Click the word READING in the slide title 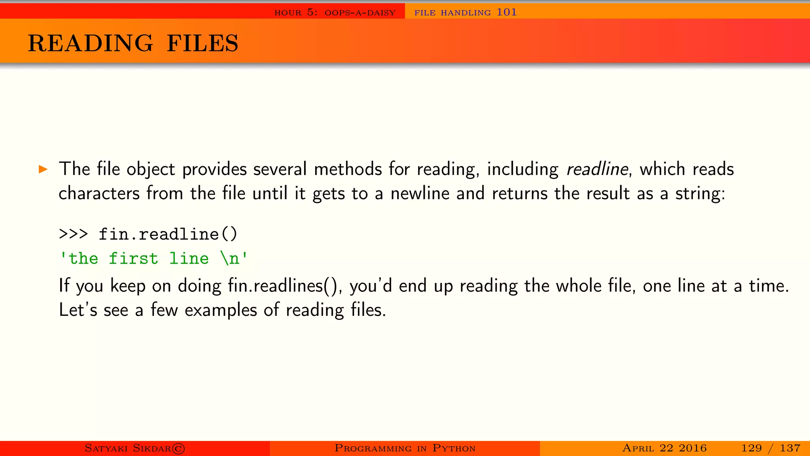(90, 43)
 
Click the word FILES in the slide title (202, 43)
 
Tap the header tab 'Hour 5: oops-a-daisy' (335, 12)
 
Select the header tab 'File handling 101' (466, 12)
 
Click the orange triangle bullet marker (43, 170)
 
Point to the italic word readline (597, 169)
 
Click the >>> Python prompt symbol (73, 234)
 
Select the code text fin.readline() (168, 234)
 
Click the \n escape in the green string (230, 258)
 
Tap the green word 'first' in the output (133, 258)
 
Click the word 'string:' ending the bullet (700, 194)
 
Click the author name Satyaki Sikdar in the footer (128, 448)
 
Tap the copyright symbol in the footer (178, 448)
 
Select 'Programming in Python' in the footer (405, 448)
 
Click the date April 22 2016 (664, 448)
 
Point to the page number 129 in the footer (751, 448)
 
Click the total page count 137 (790, 448)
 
